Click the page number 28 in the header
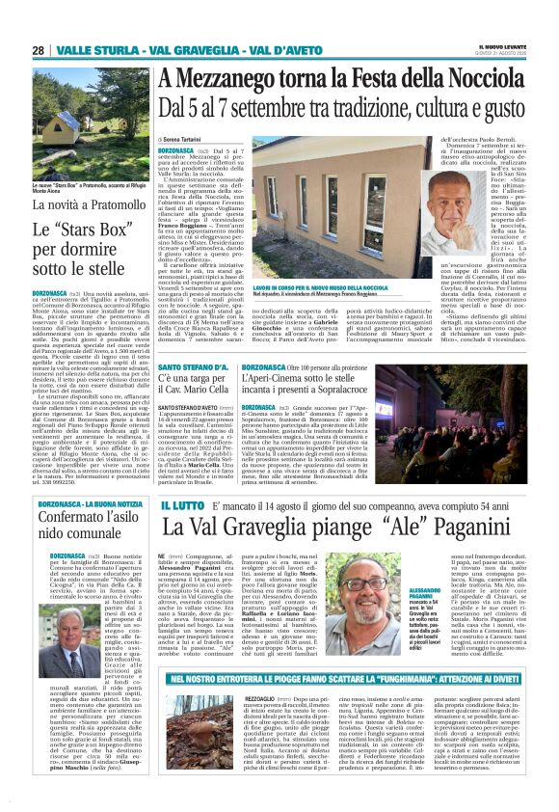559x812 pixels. tap(39, 50)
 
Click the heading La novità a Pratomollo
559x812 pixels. tap(83, 204)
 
